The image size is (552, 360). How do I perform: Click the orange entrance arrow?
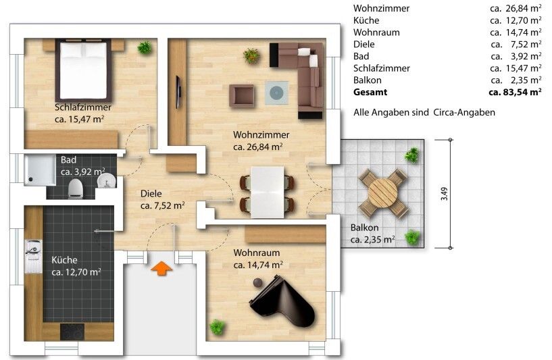pyautogui.click(x=161, y=268)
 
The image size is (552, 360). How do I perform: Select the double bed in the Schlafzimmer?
pyautogui.click(x=83, y=70)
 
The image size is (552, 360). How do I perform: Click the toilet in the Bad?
pyautogui.click(x=76, y=187)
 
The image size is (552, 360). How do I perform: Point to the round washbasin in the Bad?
pyautogui.click(x=106, y=181)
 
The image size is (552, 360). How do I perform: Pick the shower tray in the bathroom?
pyautogui.click(x=40, y=170)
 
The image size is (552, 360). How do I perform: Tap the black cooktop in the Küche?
pyautogui.click(x=72, y=332)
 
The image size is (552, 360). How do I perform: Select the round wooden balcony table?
pyautogui.click(x=382, y=193)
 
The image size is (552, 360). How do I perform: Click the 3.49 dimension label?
pyautogui.click(x=445, y=194)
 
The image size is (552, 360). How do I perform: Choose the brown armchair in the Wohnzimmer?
pyautogui.click(x=241, y=96)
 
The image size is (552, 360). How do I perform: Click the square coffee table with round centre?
pyautogui.click(x=276, y=93)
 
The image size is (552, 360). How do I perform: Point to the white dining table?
pyautogui.click(x=267, y=192)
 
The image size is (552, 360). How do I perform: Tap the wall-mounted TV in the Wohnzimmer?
pyautogui.click(x=178, y=93)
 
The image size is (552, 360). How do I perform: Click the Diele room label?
pyautogui.click(x=151, y=193)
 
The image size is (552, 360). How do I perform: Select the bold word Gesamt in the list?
pyautogui.click(x=370, y=93)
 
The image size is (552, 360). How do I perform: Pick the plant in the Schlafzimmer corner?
pyautogui.click(x=145, y=47)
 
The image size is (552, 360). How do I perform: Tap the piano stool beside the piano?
pyautogui.click(x=258, y=282)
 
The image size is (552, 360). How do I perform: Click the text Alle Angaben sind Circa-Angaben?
pyautogui.click(x=424, y=113)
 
